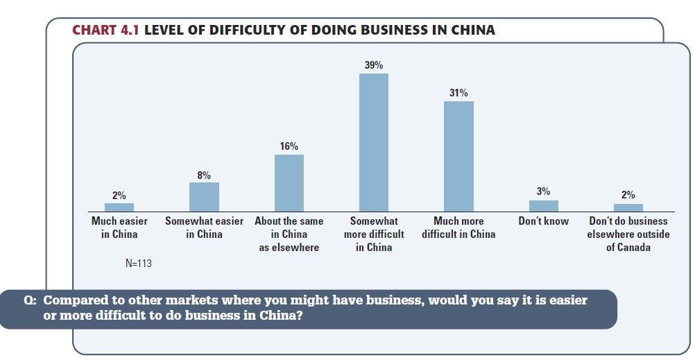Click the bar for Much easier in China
coord(119,207)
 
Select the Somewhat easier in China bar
coord(204,197)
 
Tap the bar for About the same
coord(289,183)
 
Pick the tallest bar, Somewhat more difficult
coord(374,142)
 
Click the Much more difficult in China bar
coord(458,156)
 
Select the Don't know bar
coord(543,205)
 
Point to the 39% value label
coord(374,65)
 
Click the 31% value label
coord(458,93)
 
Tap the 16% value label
coord(289,146)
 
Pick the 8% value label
coord(204,175)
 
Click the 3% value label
coord(543,191)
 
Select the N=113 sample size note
coord(139,264)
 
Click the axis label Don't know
coord(543,221)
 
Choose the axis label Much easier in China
coord(119,228)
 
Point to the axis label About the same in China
coord(289,234)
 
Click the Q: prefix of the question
coord(30,301)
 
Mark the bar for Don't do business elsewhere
coord(628,207)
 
